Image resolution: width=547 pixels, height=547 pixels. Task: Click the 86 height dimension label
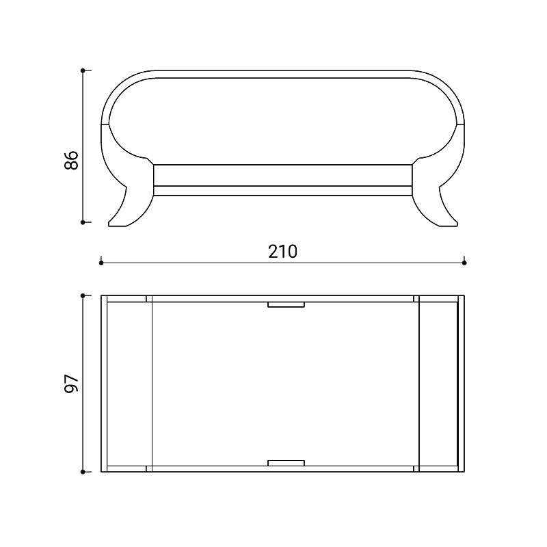(72, 160)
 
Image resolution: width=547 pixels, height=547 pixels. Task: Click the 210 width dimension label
(282, 252)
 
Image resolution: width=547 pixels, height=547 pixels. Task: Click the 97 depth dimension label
(72, 384)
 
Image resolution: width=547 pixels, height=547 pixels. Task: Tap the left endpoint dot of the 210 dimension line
(101, 263)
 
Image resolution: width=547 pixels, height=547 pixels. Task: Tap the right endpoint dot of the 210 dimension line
(464, 263)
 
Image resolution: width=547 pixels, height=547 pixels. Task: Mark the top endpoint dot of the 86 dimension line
(83, 70)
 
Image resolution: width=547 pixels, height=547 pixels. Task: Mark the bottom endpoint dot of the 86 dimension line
(83, 222)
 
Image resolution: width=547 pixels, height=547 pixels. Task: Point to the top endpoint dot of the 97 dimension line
(83, 295)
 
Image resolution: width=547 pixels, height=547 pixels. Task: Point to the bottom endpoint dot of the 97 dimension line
(83, 472)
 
